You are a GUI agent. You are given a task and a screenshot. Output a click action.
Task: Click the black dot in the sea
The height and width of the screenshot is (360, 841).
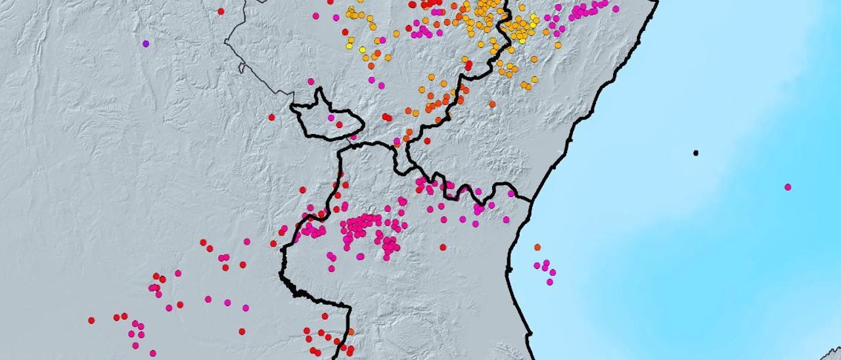(x=696, y=153)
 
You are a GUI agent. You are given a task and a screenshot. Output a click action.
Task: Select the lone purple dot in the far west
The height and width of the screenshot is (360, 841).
(x=146, y=44)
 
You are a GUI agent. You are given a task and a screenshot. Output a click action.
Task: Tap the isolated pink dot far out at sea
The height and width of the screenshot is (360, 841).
(x=788, y=187)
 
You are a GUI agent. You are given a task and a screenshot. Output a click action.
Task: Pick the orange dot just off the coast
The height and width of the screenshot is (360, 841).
(x=537, y=247)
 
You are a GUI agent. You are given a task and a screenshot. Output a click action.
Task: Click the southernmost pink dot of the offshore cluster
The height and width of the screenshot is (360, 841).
(x=549, y=282)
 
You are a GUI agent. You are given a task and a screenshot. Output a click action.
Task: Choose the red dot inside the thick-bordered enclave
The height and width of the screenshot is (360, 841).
(x=339, y=125)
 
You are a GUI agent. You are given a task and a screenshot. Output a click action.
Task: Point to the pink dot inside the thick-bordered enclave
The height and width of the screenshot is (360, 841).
(x=331, y=118)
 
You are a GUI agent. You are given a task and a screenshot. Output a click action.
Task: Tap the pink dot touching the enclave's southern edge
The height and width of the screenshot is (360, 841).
(x=353, y=137)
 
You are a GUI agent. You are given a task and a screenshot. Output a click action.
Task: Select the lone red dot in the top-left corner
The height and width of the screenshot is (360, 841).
(x=221, y=11)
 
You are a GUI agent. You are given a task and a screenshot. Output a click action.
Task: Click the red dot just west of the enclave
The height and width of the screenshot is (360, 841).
(x=271, y=118)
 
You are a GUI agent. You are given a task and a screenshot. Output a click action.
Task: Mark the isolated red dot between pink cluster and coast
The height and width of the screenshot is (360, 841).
(x=443, y=248)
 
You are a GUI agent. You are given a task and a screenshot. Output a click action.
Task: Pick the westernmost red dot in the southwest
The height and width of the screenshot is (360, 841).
(x=91, y=321)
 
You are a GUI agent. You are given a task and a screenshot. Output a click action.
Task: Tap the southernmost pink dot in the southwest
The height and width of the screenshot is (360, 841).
(x=152, y=353)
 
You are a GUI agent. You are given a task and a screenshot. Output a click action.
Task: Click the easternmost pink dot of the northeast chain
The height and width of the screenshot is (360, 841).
(x=616, y=9)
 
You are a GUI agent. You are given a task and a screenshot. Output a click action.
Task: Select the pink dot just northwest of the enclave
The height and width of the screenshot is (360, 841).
(x=311, y=81)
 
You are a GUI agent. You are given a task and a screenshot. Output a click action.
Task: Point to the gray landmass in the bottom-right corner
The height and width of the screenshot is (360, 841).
(x=833, y=355)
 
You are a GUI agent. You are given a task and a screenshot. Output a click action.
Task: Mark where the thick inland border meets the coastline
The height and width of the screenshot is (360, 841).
(x=531, y=199)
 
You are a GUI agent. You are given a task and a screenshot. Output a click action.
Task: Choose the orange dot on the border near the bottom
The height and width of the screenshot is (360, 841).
(x=350, y=332)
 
